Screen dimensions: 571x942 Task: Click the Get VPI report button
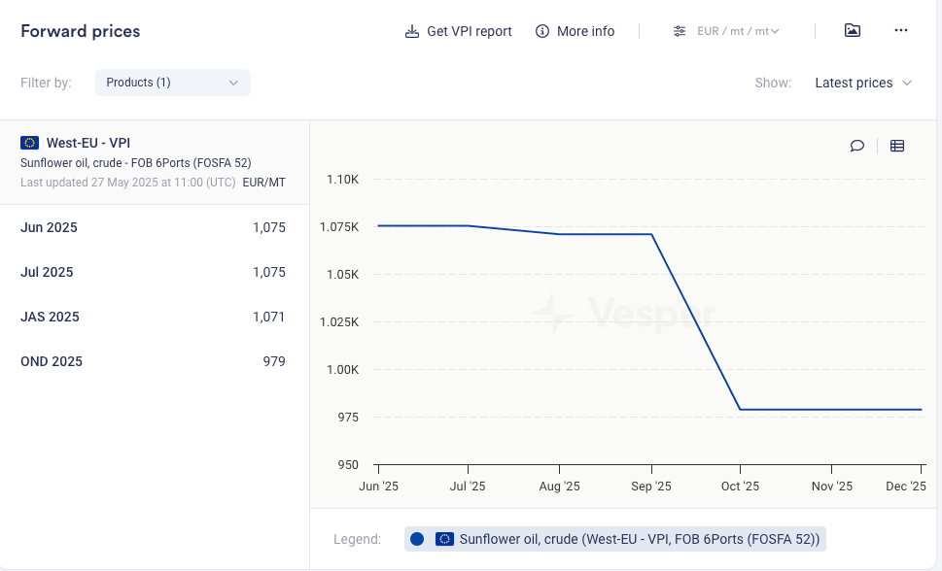(x=459, y=31)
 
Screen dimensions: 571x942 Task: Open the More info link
(x=576, y=31)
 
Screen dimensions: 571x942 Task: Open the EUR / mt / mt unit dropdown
(x=726, y=31)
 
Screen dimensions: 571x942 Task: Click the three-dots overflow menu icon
(x=900, y=31)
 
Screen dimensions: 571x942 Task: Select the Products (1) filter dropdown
(x=172, y=83)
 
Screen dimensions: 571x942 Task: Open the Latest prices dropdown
(x=863, y=83)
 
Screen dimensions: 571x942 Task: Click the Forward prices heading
(x=81, y=31)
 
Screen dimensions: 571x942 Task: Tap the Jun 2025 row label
(x=49, y=227)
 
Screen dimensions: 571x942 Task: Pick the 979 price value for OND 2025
(x=274, y=361)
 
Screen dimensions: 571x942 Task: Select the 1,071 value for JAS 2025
(x=269, y=317)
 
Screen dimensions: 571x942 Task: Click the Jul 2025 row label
(x=47, y=272)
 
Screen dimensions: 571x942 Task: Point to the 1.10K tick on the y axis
(x=343, y=180)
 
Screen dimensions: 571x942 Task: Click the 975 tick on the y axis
(x=347, y=418)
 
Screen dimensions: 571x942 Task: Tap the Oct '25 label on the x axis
(x=740, y=487)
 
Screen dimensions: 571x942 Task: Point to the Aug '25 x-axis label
(x=559, y=487)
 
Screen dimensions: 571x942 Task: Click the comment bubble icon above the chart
(x=857, y=146)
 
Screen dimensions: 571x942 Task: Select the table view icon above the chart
(x=897, y=146)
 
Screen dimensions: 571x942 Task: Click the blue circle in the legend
(x=417, y=539)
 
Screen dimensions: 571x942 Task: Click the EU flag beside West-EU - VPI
(x=29, y=143)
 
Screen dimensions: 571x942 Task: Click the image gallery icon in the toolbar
(x=853, y=31)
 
